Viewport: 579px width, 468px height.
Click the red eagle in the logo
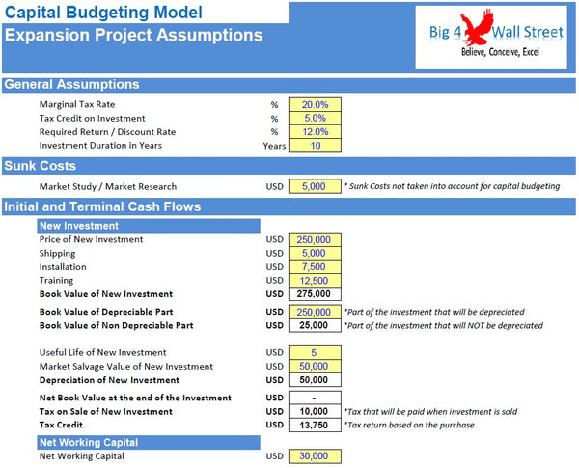point(493,30)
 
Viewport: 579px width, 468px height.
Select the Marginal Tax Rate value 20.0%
point(315,104)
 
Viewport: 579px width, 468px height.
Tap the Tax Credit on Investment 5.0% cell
point(315,118)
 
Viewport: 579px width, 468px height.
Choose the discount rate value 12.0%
point(315,132)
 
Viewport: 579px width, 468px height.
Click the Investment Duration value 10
point(315,146)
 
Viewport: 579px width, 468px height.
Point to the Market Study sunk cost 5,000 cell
point(315,186)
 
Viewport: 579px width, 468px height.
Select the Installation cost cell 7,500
point(315,267)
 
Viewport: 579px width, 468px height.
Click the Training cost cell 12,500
point(315,281)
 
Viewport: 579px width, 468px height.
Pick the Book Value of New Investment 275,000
point(315,294)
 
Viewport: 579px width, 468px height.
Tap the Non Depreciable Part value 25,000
point(315,326)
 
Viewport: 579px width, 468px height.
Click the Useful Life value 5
point(315,352)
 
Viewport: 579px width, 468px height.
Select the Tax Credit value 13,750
point(315,425)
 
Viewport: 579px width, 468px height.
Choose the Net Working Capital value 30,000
point(315,456)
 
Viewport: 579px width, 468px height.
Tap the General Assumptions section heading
point(71,84)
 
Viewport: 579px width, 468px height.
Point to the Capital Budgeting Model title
point(103,13)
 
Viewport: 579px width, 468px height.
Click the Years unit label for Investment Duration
point(275,147)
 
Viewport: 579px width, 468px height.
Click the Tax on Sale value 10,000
point(315,411)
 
